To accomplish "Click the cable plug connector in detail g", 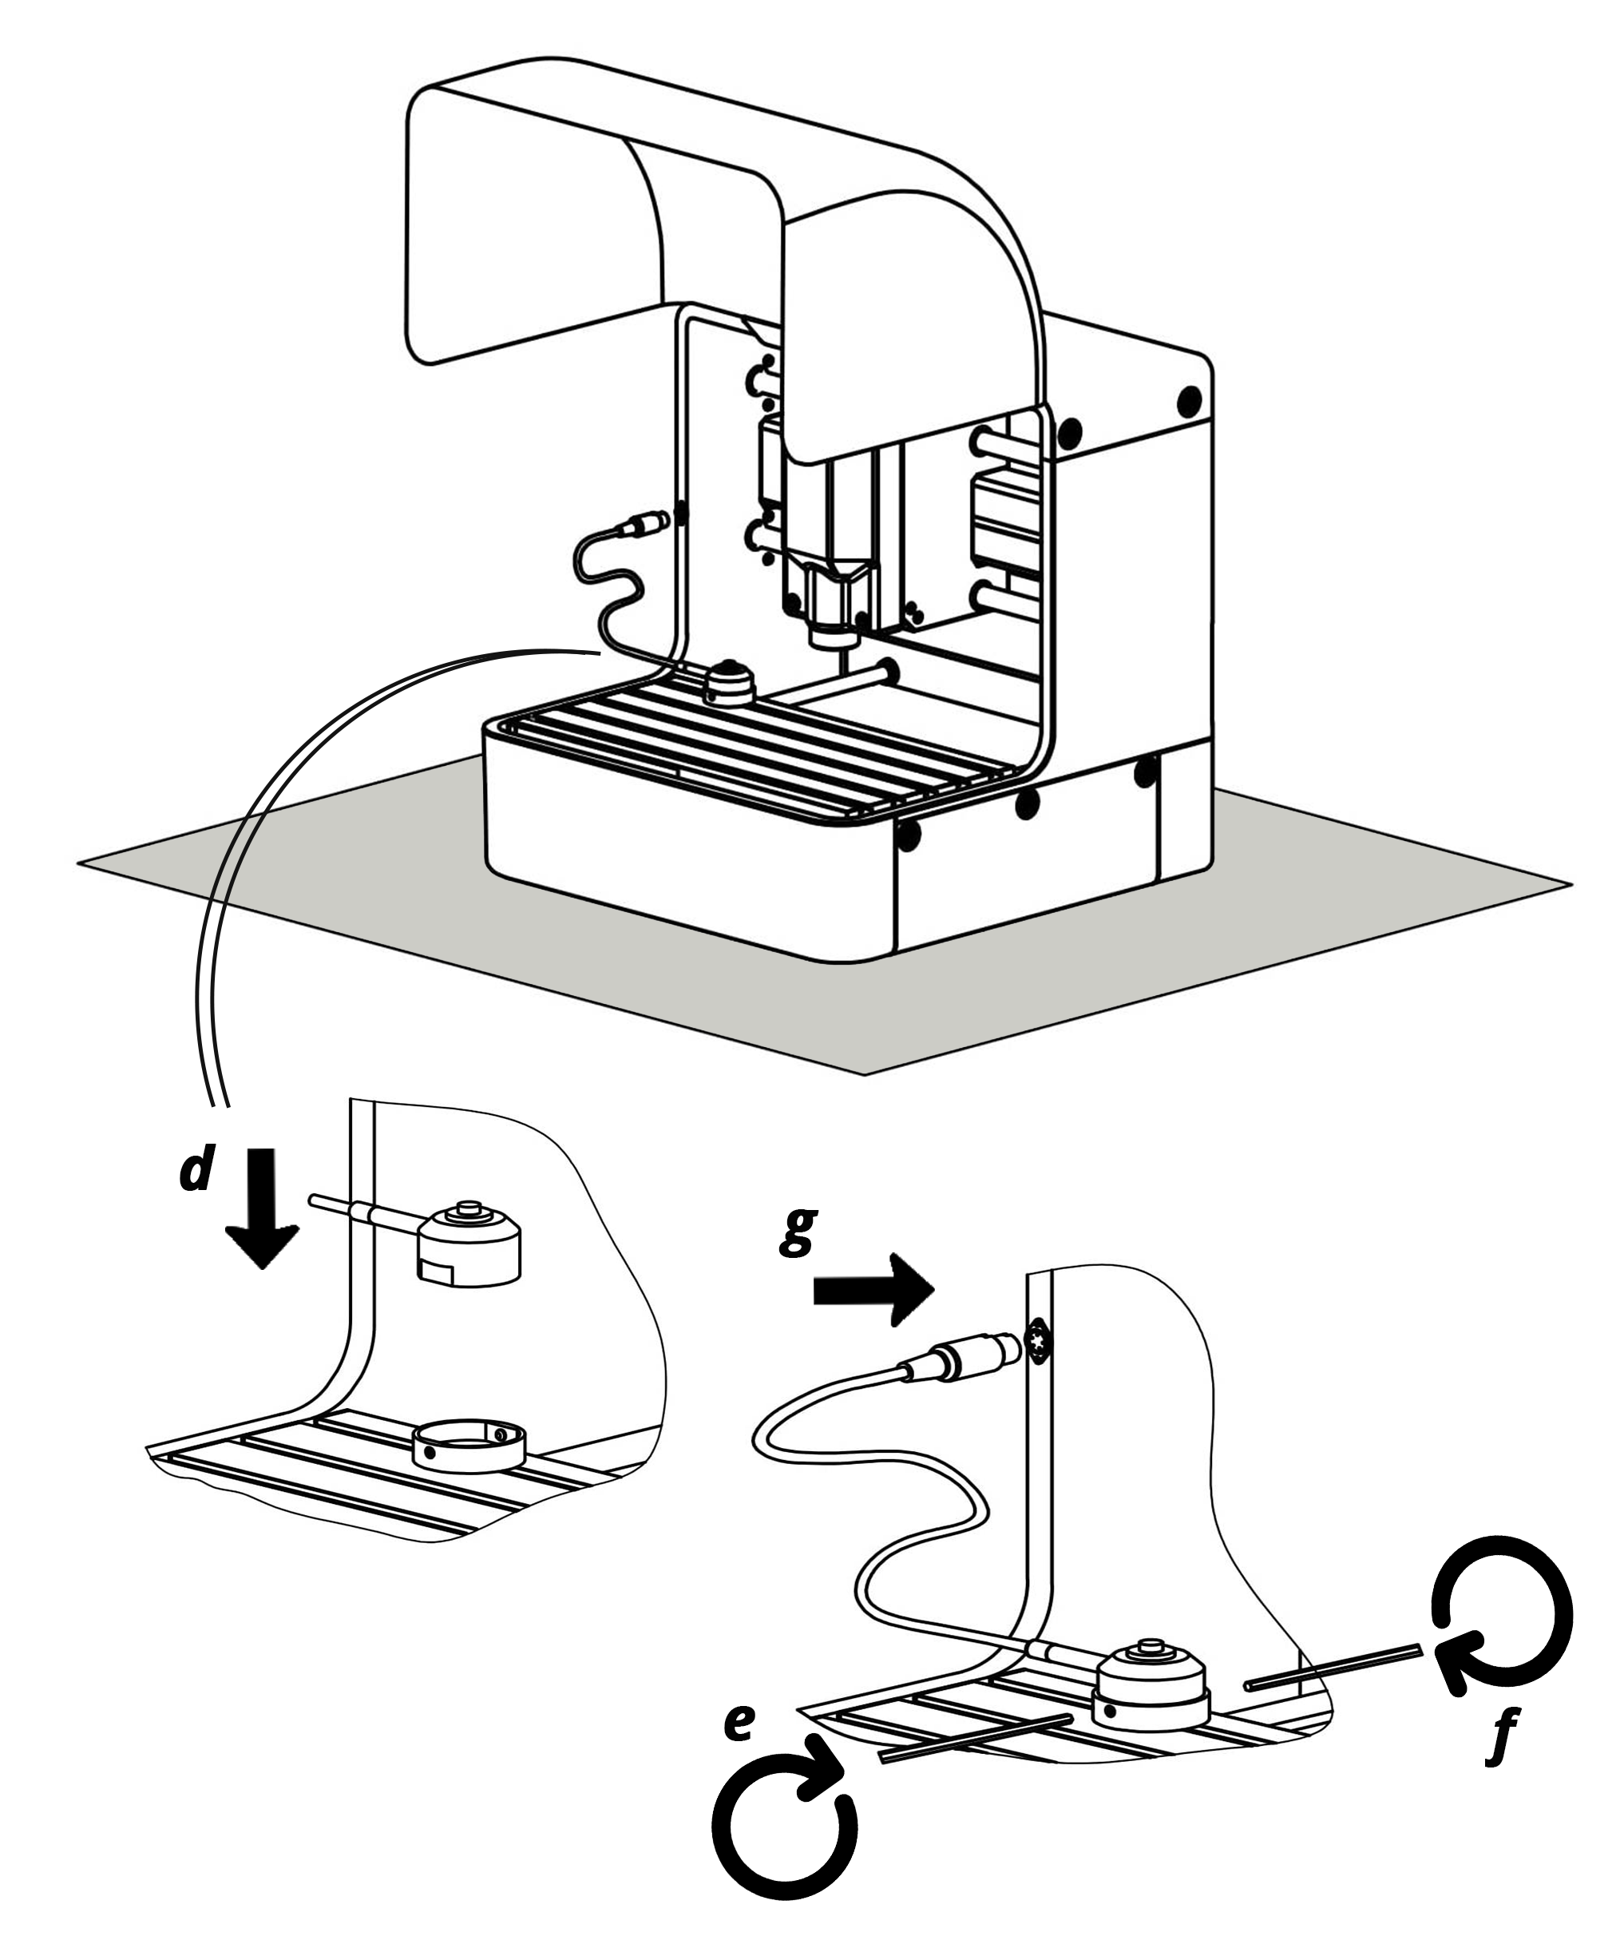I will (963, 1357).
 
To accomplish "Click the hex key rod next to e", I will (976, 1736).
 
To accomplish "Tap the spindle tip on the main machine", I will (842, 659).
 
